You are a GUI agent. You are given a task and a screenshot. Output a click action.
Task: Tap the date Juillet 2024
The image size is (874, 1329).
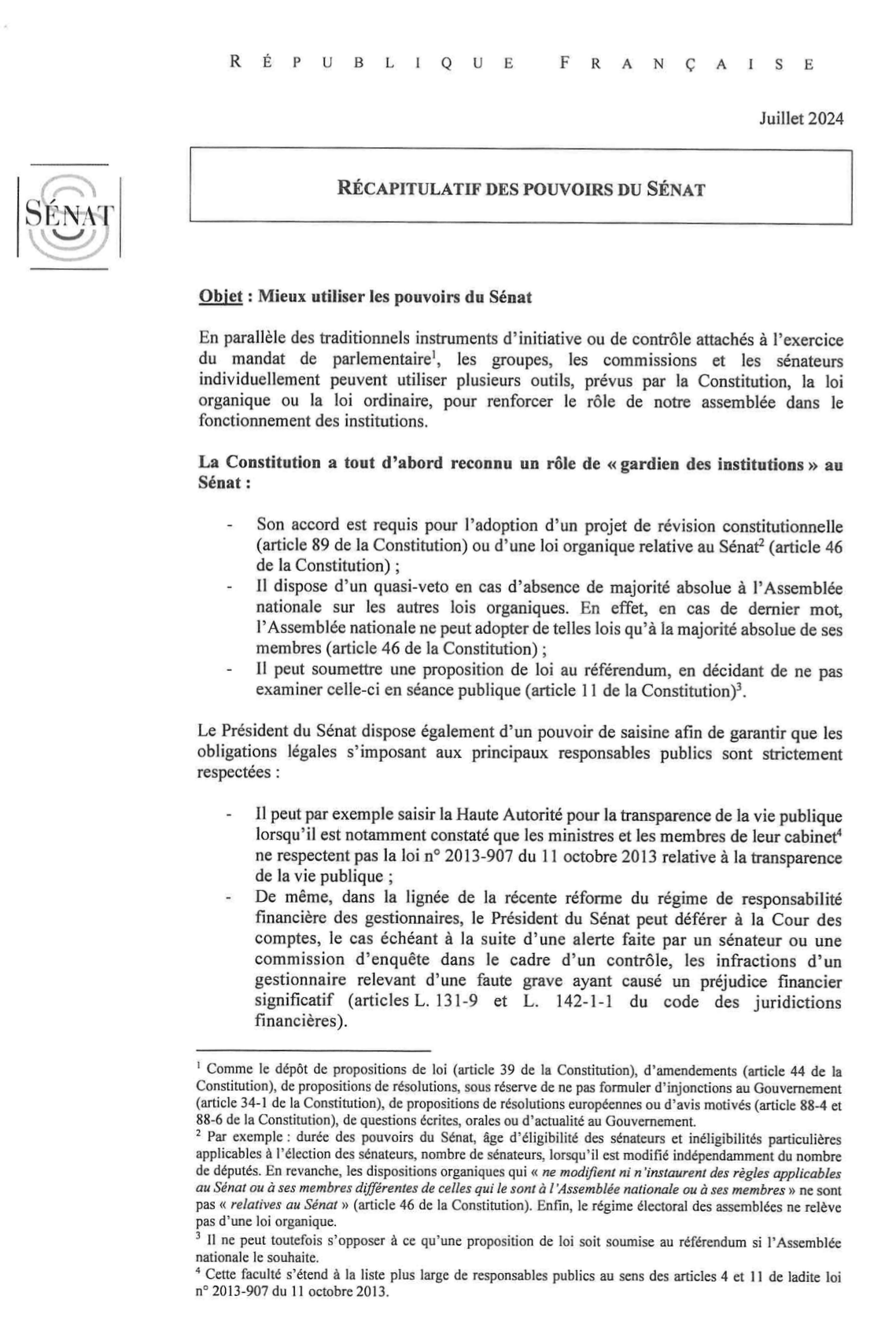pyautogui.click(x=801, y=120)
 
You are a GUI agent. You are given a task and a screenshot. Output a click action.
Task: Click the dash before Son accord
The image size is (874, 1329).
pyautogui.click(x=229, y=525)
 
